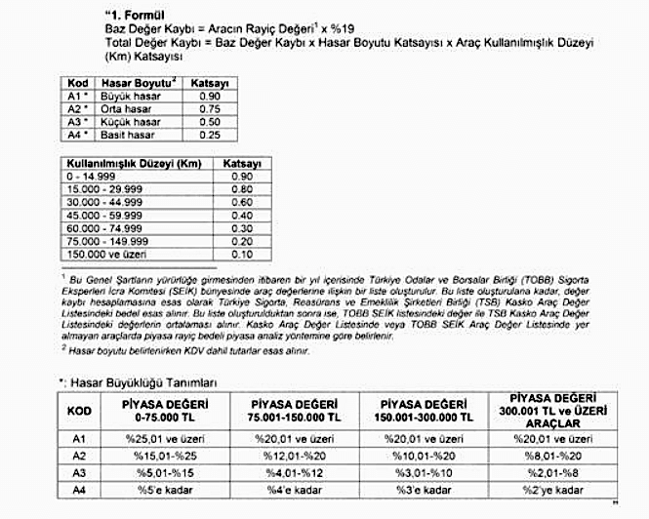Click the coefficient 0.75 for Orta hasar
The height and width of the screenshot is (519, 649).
coord(208,110)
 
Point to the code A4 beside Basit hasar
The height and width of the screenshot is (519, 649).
coord(74,134)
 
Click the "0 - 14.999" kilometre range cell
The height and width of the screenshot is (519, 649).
coord(91,176)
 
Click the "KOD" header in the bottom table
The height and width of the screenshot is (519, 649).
coord(81,412)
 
